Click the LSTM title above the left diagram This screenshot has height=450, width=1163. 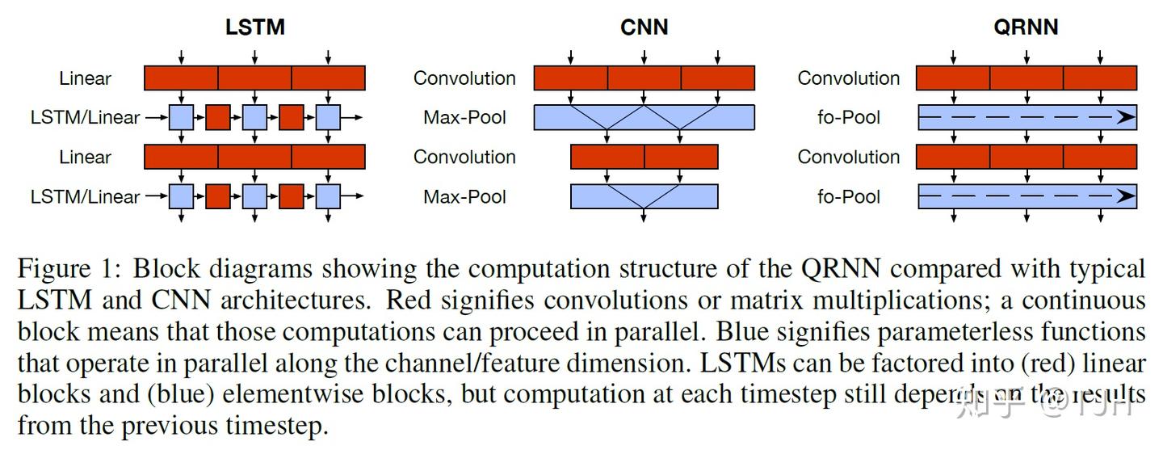254,27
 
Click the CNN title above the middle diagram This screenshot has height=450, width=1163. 644,27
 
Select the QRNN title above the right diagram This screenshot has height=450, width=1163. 1026,27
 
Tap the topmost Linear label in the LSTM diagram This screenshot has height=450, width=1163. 85,78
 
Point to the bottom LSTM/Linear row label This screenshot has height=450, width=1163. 85,196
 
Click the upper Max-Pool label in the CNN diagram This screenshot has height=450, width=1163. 464,117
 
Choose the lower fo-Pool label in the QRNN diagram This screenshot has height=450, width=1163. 848,196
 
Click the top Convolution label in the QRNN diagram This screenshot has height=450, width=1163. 848,78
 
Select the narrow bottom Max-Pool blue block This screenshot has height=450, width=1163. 644,196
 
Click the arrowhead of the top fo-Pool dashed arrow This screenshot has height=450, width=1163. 1126,117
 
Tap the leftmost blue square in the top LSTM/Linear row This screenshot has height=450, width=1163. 182,117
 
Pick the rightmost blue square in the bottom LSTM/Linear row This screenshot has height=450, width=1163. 328,196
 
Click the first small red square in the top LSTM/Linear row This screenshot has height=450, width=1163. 218,117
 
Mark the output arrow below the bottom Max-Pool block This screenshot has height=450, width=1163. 644,216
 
